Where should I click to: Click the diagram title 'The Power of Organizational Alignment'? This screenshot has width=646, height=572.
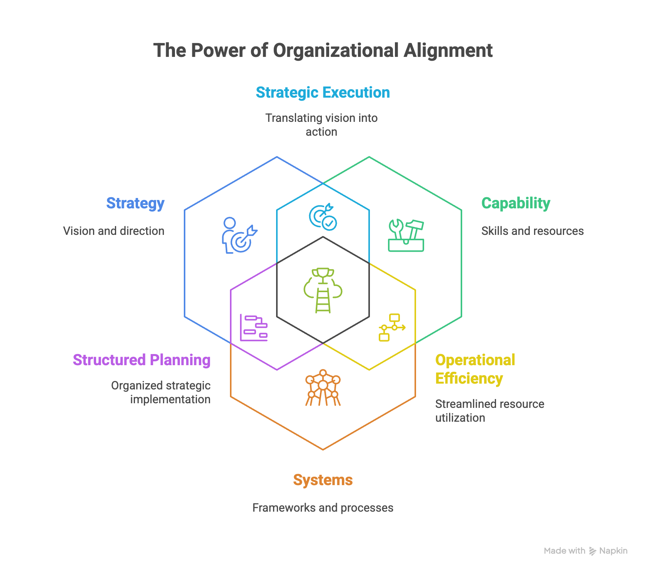323,50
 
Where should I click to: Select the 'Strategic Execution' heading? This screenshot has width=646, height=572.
323,93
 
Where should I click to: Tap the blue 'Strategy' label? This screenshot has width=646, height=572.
135,203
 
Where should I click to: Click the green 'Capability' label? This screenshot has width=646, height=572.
516,203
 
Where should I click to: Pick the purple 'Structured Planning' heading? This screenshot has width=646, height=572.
142,360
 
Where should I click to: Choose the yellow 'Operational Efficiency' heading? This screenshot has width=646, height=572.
475,369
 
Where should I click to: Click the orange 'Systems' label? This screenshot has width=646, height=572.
323,480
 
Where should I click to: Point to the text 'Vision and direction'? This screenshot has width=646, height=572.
114,231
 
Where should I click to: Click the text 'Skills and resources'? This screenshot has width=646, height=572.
532,231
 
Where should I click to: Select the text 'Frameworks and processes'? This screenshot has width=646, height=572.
323,508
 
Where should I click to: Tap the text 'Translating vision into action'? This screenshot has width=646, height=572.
321,125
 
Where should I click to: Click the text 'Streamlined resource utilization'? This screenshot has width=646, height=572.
489,411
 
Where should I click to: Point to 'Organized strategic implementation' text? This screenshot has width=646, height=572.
161,392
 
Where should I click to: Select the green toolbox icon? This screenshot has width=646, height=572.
406,236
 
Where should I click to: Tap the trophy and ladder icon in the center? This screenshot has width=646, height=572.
323,290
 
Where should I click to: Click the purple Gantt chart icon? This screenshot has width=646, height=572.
254,328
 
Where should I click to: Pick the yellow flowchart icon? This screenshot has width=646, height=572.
391,328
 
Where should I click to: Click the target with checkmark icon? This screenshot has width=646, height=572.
323,217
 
